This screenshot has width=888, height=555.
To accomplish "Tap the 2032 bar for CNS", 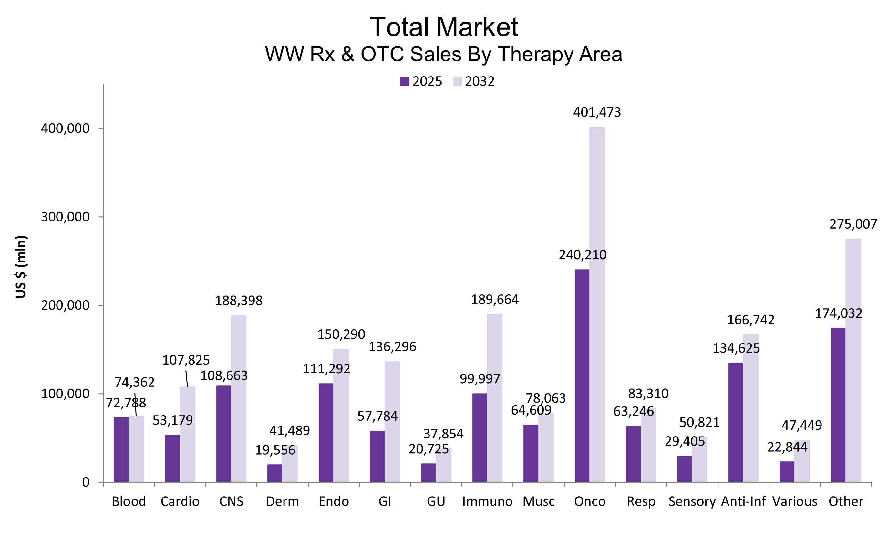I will click(x=239, y=398).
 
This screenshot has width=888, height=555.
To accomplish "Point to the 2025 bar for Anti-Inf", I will click(x=736, y=422).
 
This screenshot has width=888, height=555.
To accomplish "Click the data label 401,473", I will click(x=597, y=112).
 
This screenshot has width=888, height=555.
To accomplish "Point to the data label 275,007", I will click(x=853, y=224).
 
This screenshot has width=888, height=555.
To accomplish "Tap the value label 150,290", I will click(x=341, y=334).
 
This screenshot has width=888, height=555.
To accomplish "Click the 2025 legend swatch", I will click(x=405, y=81).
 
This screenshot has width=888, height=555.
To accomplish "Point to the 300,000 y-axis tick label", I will click(x=65, y=217).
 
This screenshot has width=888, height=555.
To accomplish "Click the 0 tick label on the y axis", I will click(x=86, y=482).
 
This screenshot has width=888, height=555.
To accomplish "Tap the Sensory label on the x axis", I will click(x=692, y=501).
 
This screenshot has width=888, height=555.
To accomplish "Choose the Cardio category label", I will click(x=180, y=501).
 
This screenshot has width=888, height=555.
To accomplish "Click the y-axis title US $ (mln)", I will click(x=21, y=267).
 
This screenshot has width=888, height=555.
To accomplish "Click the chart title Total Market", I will click(x=444, y=27).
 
